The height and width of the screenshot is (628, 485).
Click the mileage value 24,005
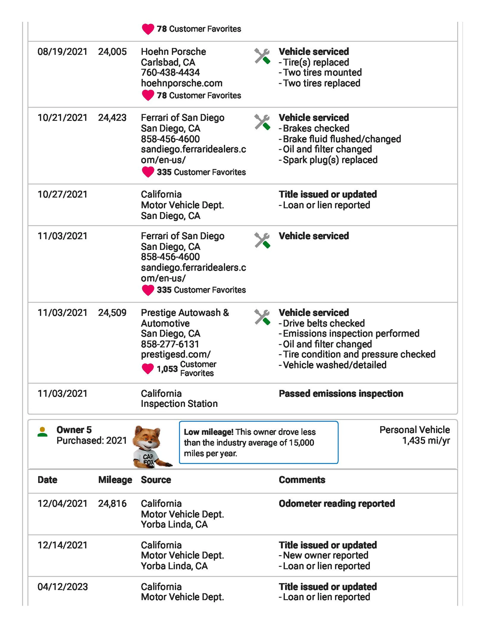(x=112, y=52)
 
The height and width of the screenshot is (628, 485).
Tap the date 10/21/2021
(x=62, y=118)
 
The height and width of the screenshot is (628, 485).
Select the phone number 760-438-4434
(x=170, y=73)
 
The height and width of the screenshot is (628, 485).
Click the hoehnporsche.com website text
(x=181, y=83)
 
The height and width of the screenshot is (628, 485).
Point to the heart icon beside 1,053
(x=148, y=369)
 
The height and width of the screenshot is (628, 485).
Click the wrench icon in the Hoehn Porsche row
(x=262, y=56)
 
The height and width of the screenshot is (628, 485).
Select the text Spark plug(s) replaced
(x=330, y=160)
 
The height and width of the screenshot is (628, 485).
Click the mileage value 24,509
(x=112, y=313)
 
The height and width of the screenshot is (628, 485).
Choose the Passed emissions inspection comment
(x=341, y=393)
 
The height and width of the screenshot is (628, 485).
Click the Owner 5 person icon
(x=42, y=432)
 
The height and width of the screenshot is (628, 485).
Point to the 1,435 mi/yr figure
(x=426, y=440)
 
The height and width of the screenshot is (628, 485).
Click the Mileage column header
(x=115, y=480)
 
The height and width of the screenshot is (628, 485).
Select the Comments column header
(x=302, y=480)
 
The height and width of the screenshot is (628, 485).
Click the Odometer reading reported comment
(x=337, y=503)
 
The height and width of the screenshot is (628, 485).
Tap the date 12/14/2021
(x=62, y=545)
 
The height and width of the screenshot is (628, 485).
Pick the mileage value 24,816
(x=112, y=503)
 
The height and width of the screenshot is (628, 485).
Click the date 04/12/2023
(x=62, y=587)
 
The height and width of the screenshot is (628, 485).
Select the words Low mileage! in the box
(x=208, y=432)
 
